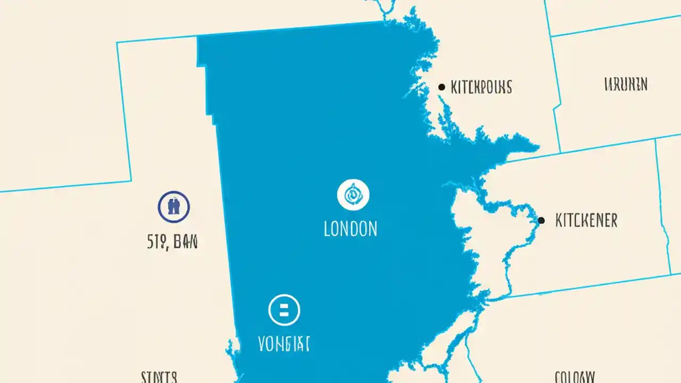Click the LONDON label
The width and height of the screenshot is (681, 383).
coord(351,229)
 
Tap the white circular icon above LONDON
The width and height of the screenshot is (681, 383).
coord(353,195)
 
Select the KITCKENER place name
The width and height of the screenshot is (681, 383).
coord(586,220)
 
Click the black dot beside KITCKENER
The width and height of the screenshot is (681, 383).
coord(542,220)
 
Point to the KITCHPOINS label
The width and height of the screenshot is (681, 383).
coord(481,87)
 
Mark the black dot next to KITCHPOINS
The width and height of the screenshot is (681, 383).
coord(441,87)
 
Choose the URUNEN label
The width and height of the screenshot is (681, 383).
coord(626,84)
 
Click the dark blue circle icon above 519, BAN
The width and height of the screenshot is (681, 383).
coord(174,206)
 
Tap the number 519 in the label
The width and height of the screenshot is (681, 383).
coord(156,243)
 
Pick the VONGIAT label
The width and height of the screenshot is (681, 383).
coord(284,344)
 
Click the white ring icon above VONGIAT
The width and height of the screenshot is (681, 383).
coord(284,310)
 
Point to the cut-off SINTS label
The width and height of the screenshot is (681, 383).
coord(159,378)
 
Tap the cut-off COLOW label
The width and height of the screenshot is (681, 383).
coord(574,378)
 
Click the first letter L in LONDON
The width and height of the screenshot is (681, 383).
coord(327,229)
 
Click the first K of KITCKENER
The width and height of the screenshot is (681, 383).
coord(559,220)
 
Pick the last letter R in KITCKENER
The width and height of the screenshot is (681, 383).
coord(614,220)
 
